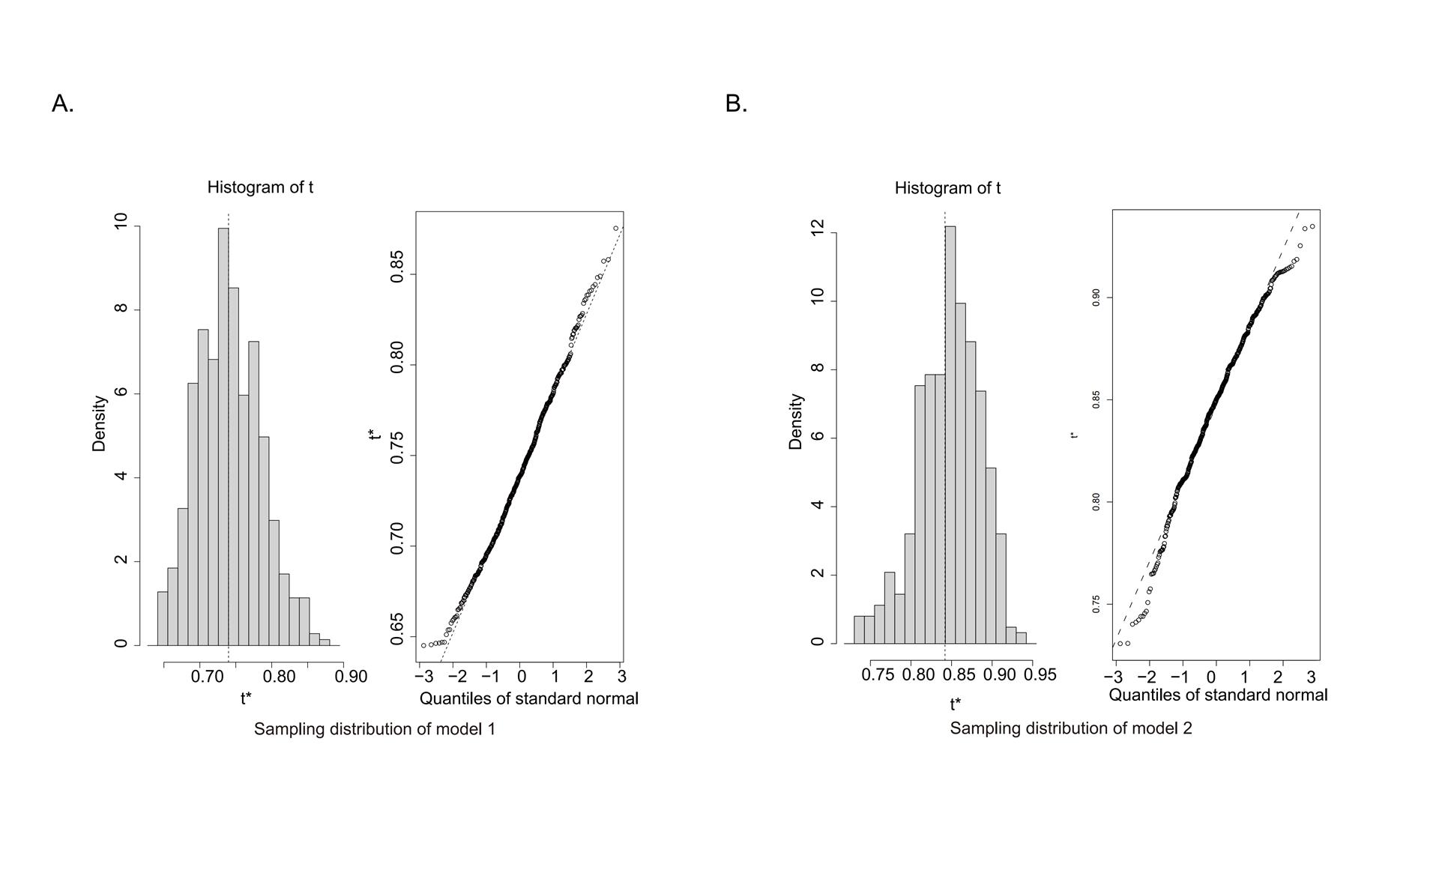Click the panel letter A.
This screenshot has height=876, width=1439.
pos(62,103)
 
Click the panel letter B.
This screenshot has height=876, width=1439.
pos(736,103)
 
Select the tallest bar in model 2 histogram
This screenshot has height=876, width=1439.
pos(950,435)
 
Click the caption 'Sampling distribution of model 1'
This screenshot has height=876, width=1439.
pos(375,729)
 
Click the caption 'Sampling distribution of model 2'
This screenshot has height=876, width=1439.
pos(1071,728)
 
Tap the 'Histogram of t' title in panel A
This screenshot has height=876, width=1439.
pos(260,187)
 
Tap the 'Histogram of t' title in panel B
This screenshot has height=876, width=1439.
pos(947,188)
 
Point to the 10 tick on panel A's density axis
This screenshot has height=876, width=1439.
pos(121,222)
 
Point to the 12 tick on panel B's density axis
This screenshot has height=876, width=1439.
pos(818,229)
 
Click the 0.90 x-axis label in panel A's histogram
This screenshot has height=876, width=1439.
pos(351,677)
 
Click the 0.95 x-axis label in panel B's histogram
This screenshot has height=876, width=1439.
pos(1040,674)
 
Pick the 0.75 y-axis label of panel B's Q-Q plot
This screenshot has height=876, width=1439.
pos(1096,605)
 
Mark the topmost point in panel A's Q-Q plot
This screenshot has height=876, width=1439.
pos(615,229)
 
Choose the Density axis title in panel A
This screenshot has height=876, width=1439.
pos(99,423)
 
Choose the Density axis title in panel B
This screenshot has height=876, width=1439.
pos(796,422)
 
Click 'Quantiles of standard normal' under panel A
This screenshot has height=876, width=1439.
pos(528,698)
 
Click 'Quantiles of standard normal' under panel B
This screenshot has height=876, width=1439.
pos(1218,695)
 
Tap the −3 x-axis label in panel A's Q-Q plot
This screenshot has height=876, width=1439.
pos(423,677)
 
